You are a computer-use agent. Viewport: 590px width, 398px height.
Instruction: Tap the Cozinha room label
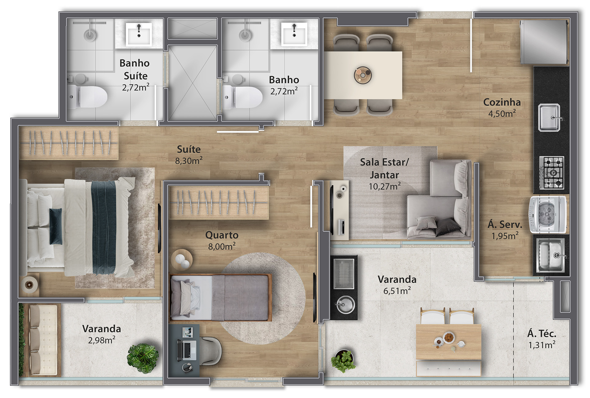502,102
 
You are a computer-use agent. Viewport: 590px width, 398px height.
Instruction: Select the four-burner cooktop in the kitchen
552,172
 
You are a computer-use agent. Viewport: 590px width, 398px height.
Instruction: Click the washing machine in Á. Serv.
548,214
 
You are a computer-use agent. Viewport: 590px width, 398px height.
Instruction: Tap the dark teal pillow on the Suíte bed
56,226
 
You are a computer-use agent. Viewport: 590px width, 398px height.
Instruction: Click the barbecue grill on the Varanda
344,274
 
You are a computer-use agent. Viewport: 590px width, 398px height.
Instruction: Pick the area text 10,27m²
384,186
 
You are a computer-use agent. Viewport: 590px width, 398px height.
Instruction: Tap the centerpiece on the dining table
363,75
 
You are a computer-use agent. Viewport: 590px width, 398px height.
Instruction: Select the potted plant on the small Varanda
143,358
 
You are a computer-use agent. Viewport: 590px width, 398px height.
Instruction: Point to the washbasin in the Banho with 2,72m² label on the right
294,34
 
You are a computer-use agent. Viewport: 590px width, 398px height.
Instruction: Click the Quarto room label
222,235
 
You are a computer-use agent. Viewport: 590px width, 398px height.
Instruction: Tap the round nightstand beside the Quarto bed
182,260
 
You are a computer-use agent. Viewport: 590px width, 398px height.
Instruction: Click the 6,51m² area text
397,291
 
